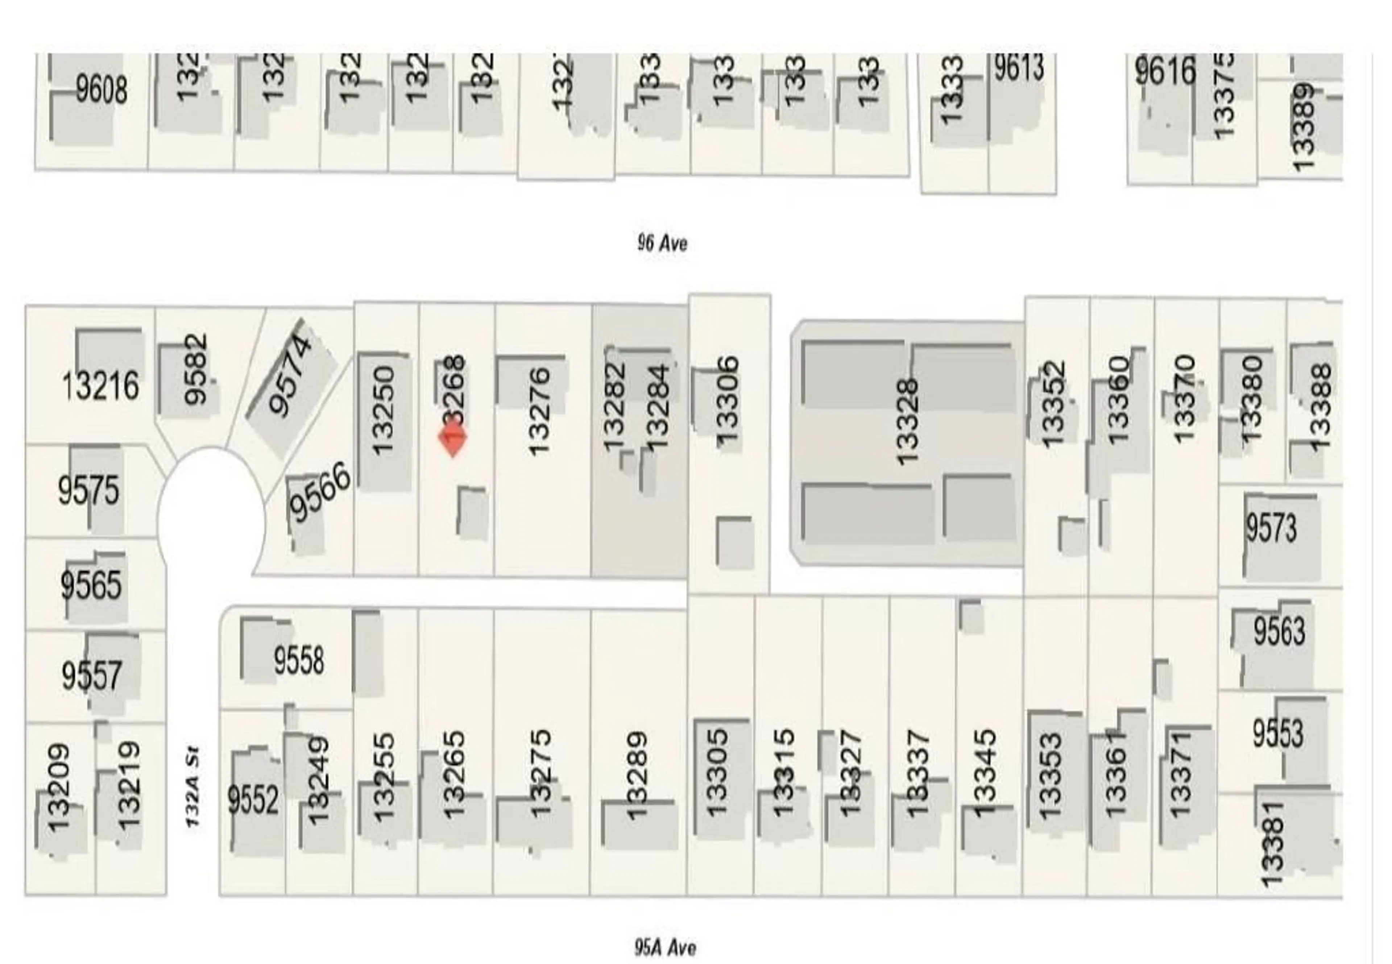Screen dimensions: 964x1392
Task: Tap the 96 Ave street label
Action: click(x=662, y=244)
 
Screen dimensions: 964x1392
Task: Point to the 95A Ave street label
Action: click(x=664, y=947)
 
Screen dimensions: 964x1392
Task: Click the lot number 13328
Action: click(x=907, y=421)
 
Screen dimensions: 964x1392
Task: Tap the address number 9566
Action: click(x=320, y=492)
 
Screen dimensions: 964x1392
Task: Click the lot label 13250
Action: click(x=383, y=411)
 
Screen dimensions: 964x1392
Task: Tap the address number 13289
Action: click(x=637, y=776)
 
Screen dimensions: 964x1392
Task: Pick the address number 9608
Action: click(x=101, y=91)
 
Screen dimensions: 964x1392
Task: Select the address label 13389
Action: click(x=1304, y=128)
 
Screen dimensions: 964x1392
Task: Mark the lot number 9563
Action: click(x=1279, y=631)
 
